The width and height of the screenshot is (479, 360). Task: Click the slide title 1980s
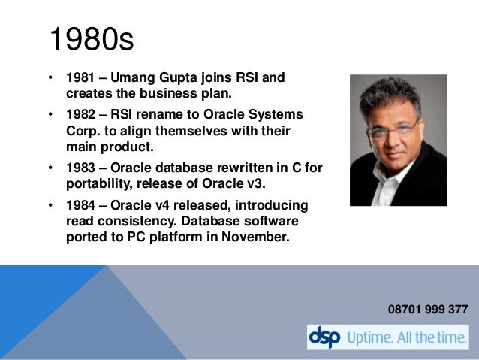pos(91,40)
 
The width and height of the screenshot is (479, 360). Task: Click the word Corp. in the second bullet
pos(81,130)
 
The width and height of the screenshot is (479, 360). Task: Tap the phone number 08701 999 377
pos(428,309)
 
